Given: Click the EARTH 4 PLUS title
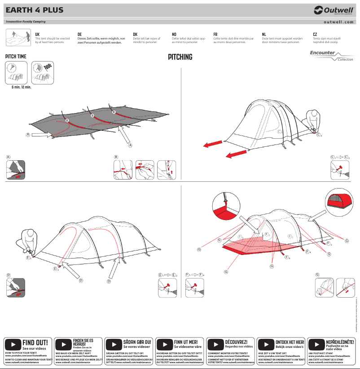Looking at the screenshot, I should (x=34, y=10).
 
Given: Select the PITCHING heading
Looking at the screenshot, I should (x=180, y=57).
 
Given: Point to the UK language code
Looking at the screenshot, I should (x=37, y=34).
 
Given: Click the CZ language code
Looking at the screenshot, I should (x=315, y=34).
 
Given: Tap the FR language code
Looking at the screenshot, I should (x=215, y=34).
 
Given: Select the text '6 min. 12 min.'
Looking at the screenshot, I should (x=21, y=87).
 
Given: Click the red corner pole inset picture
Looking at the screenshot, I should (x=225, y=204).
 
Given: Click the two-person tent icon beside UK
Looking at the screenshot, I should (x=18, y=36).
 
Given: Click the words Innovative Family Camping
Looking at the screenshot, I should (x=26, y=22).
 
